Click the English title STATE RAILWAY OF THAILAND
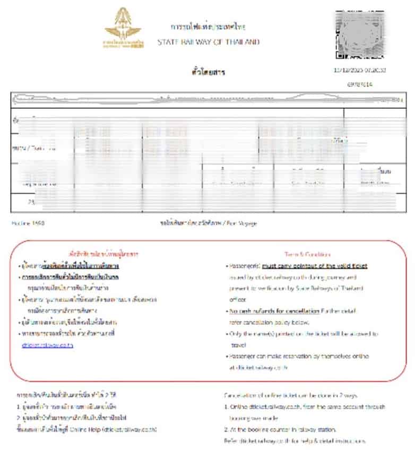click(208, 42)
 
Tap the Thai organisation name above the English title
click(208, 27)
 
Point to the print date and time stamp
click(359, 70)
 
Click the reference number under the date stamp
click(360, 84)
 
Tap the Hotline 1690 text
click(28, 224)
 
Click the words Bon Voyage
click(244, 224)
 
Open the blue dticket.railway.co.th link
click(47, 345)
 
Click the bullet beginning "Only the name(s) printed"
click(302, 334)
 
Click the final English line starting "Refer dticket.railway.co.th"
click(295, 441)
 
